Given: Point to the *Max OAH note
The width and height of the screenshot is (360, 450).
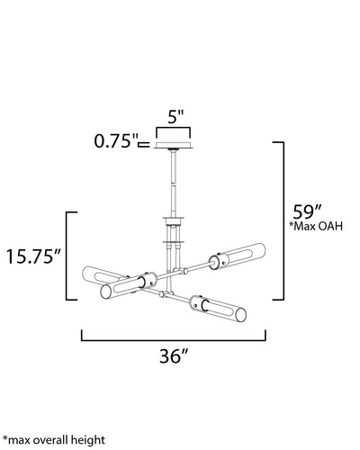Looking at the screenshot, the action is click(x=316, y=226).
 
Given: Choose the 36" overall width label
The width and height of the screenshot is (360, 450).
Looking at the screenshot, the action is click(x=174, y=356).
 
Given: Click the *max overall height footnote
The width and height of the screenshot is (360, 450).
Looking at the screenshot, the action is click(x=54, y=440).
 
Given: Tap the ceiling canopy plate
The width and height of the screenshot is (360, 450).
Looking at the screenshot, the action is click(x=173, y=145).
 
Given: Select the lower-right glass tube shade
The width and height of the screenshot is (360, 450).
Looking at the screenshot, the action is click(x=219, y=308).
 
